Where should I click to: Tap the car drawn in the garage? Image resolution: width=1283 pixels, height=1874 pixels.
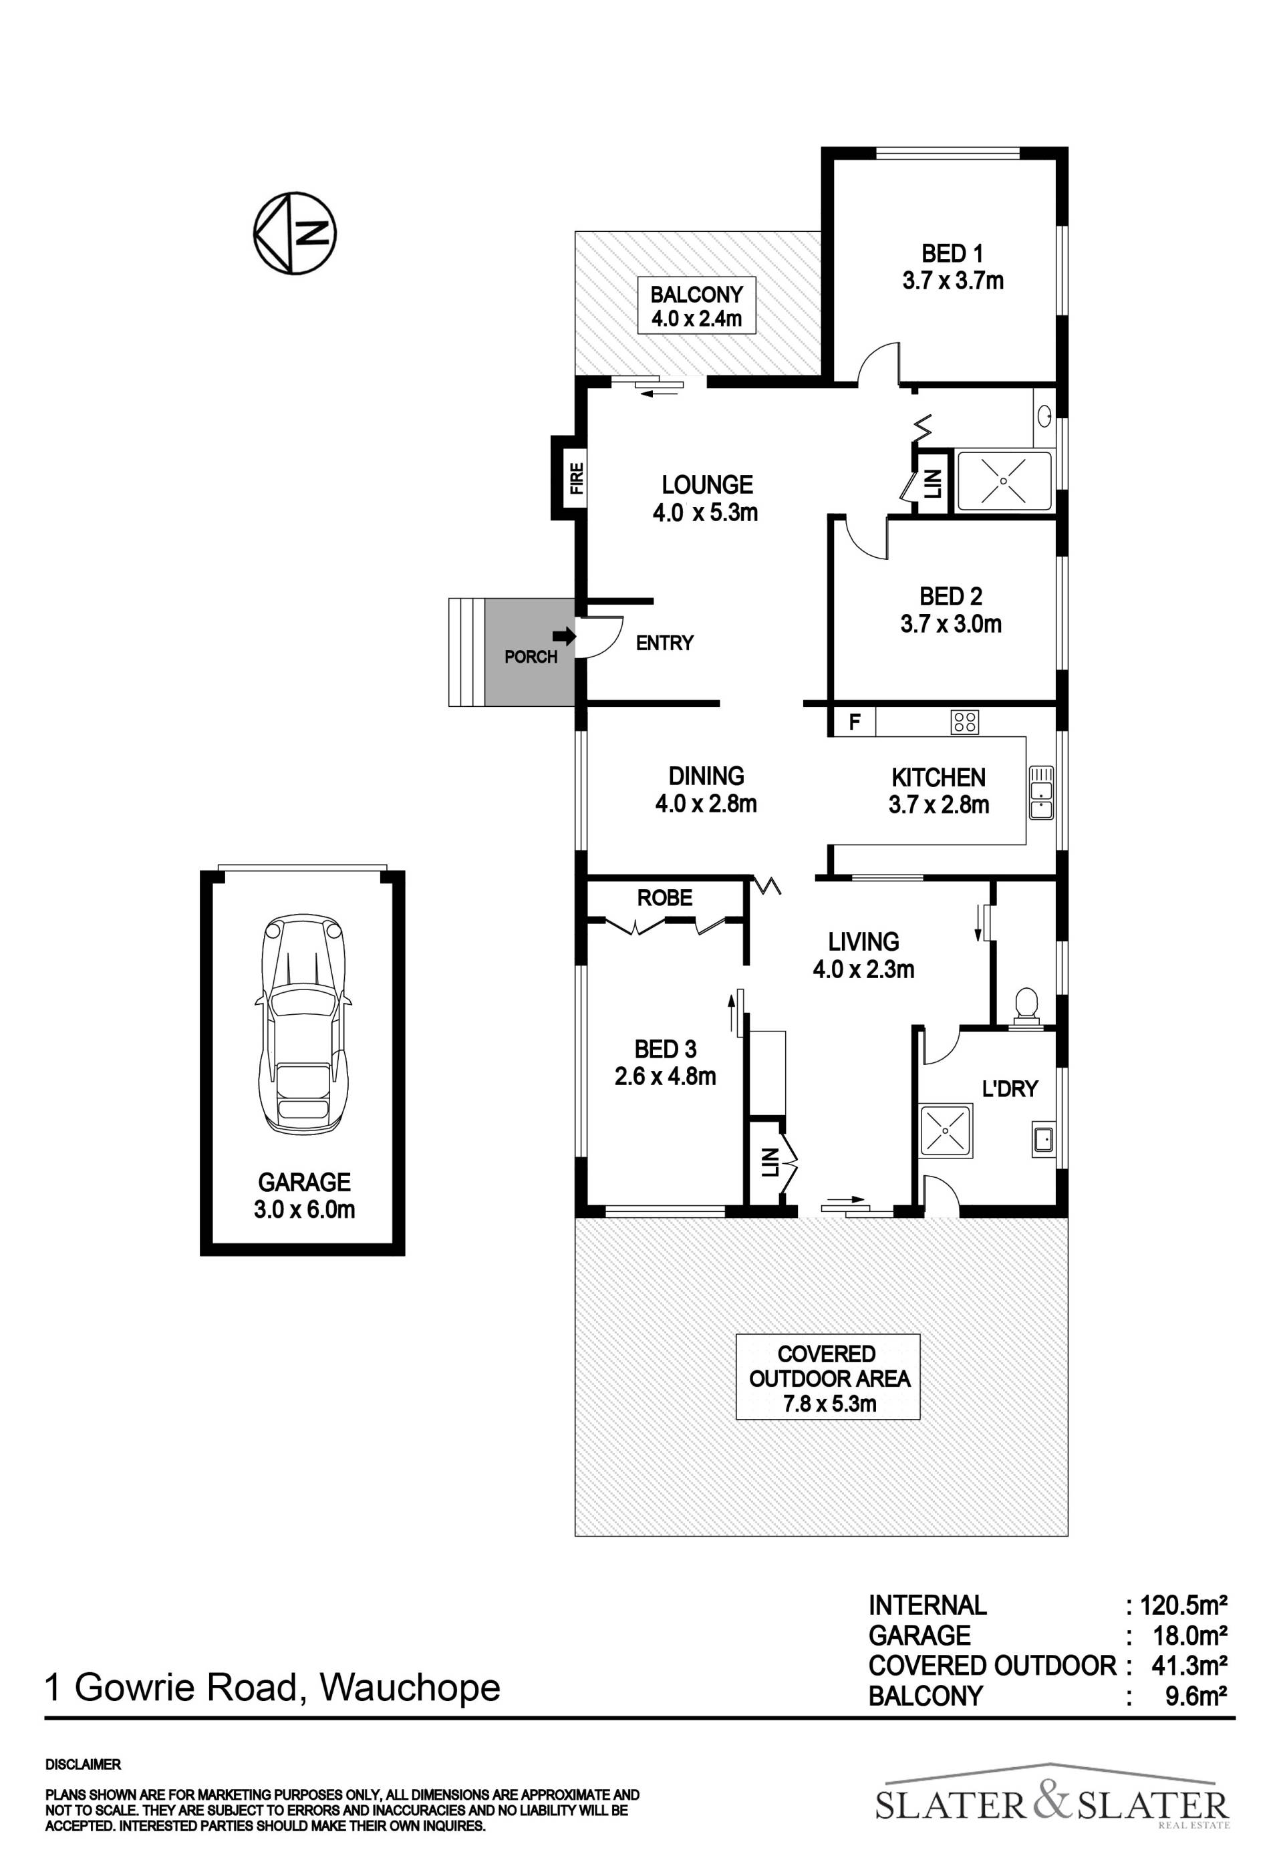pyautogui.click(x=304, y=1025)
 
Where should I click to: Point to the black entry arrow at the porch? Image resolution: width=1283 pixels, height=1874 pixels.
pyautogui.click(x=568, y=636)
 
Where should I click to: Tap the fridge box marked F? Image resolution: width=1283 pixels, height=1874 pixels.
pyautogui.click(x=854, y=722)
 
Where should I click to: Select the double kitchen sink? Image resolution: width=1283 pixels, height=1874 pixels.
pyautogui.click(x=1040, y=792)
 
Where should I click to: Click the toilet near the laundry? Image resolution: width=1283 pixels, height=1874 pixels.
pyautogui.click(x=1026, y=1008)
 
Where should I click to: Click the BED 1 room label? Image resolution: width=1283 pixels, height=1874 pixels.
pyautogui.click(x=952, y=268)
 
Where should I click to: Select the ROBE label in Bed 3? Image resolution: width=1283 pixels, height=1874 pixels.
pyautogui.click(x=664, y=897)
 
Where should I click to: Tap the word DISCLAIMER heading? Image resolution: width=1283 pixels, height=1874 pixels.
pyautogui.click(x=83, y=1765)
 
